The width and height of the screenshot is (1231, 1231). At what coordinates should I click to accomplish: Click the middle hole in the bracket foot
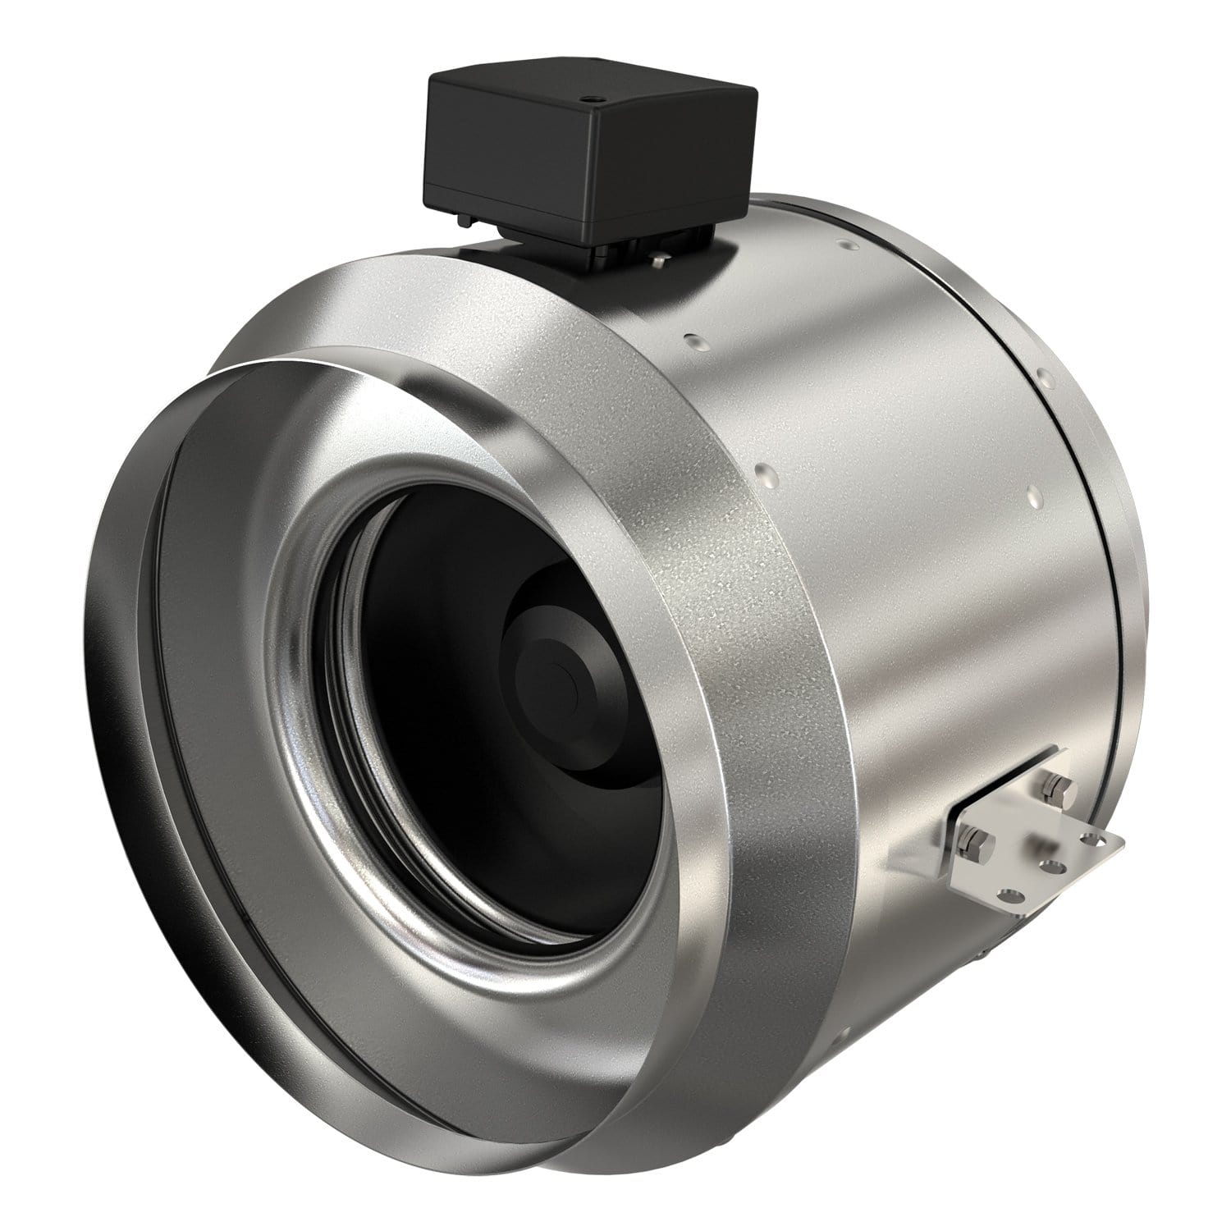[x=1047, y=864]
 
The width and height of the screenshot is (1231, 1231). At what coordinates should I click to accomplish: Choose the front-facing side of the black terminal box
[x=501, y=176]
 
